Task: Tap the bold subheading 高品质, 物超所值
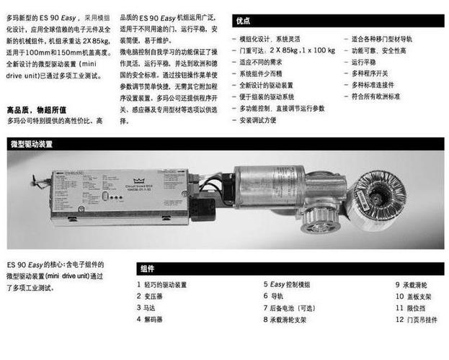point(36,109)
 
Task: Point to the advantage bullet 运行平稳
point(368,61)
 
